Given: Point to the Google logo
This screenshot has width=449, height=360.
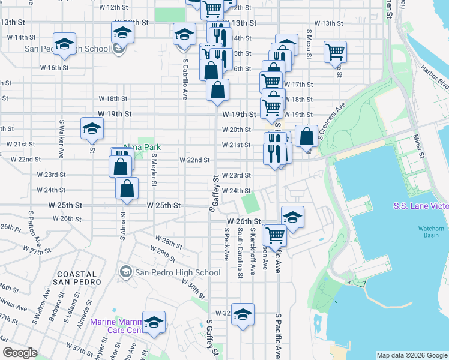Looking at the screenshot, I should [x=20, y=353].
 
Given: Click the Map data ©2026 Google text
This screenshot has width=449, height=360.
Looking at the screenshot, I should [x=412, y=355].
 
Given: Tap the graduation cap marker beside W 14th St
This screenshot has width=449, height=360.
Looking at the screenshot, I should [x=64, y=43].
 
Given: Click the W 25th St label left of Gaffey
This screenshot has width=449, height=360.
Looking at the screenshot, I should [x=163, y=205].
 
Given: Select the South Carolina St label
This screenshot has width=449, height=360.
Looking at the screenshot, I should [x=240, y=244].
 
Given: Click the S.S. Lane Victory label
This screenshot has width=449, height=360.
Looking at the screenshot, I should [x=420, y=206].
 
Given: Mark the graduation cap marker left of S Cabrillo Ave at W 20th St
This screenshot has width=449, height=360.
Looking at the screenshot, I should [x=92, y=128].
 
